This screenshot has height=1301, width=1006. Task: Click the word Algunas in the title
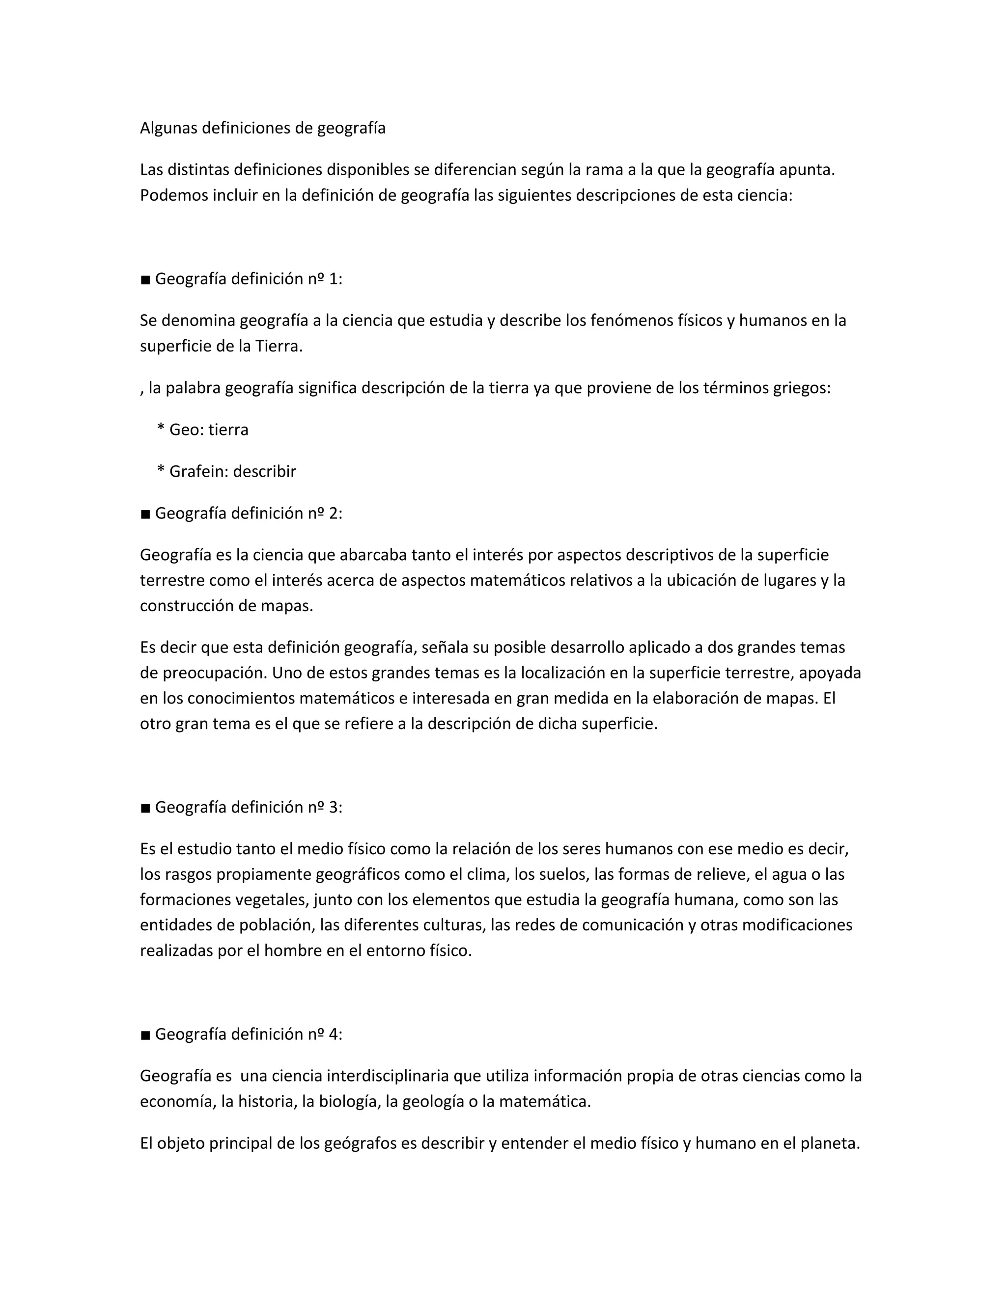click(x=168, y=128)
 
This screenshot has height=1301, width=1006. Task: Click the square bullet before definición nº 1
click(x=145, y=280)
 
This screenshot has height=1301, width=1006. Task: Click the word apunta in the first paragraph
click(x=807, y=170)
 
